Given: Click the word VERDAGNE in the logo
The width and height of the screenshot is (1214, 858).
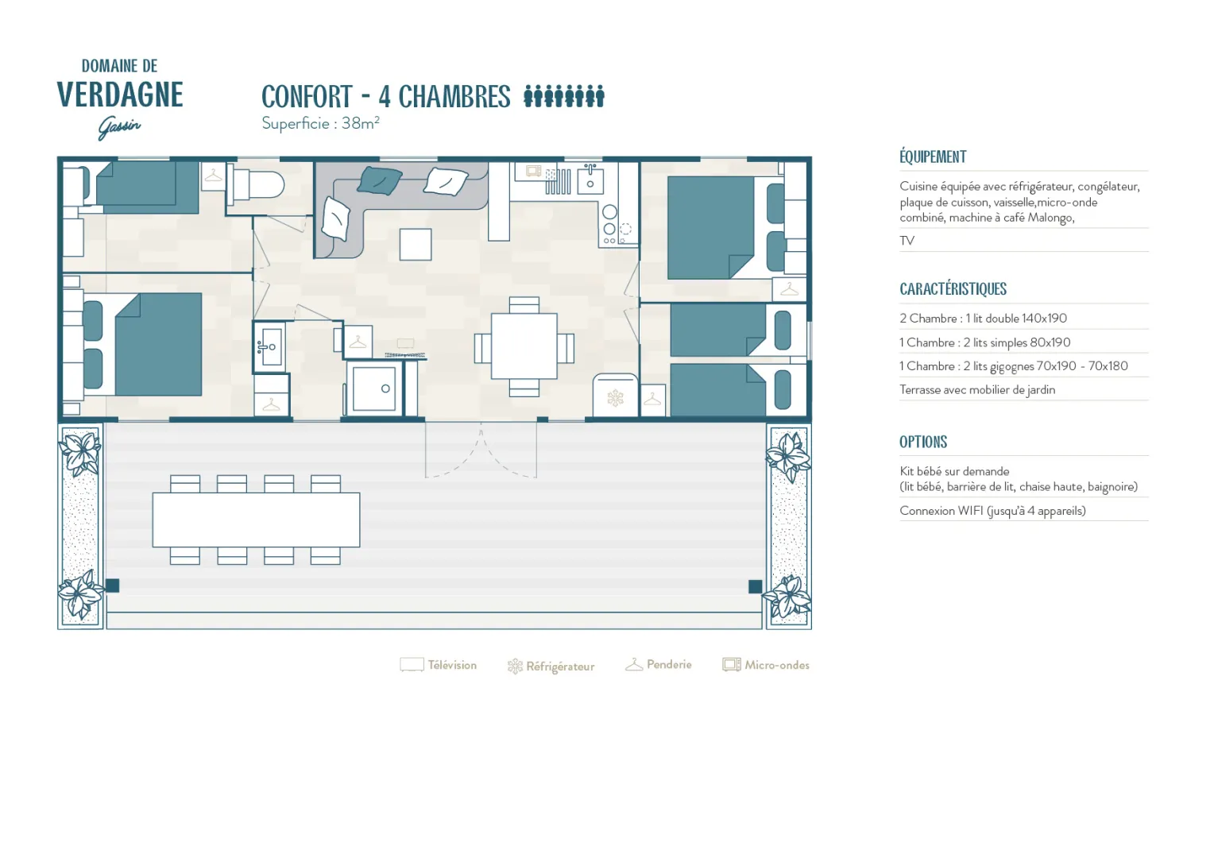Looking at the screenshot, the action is pyautogui.click(x=120, y=95).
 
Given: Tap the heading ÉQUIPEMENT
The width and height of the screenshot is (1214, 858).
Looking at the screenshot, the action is pyautogui.click(x=933, y=157).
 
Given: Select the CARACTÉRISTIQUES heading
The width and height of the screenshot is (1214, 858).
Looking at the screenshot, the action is pyautogui.click(x=953, y=289).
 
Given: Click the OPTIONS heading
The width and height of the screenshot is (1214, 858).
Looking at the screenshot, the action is pyautogui.click(x=923, y=442).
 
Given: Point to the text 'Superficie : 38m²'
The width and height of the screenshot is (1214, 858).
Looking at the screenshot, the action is pyautogui.click(x=320, y=124).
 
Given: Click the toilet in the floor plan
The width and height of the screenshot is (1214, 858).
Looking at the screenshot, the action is pyautogui.click(x=256, y=184).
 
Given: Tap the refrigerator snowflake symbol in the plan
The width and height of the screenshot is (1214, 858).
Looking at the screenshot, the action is pyautogui.click(x=615, y=398).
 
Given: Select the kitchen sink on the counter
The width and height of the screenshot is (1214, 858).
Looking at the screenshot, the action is pyautogui.click(x=590, y=180).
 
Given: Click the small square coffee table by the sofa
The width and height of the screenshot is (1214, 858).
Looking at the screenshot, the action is pyautogui.click(x=416, y=245).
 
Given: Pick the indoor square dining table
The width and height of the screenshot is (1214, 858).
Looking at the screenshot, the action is pyautogui.click(x=524, y=346).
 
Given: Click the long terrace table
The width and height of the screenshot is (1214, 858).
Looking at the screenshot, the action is pyautogui.click(x=256, y=520).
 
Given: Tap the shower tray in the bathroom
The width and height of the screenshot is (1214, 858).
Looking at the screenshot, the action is pyautogui.click(x=374, y=388).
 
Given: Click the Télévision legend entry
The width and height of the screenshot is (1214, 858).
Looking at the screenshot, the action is pyautogui.click(x=439, y=665).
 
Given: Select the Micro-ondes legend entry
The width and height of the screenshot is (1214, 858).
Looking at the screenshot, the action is pyautogui.click(x=766, y=665).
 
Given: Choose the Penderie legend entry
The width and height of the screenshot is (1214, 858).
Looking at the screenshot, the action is pyautogui.click(x=659, y=664).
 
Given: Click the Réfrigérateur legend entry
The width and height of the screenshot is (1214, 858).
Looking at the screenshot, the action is pyautogui.click(x=551, y=666).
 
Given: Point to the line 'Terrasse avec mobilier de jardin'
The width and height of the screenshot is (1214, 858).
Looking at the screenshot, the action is pyautogui.click(x=977, y=390).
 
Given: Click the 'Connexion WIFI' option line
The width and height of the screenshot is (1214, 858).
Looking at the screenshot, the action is pyautogui.click(x=992, y=511).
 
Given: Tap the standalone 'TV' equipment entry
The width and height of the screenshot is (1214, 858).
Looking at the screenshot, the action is pyautogui.click(x=907, y=241).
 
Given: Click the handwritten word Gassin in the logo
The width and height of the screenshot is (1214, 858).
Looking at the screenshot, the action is pyautogui.click(x=119, y=128).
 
